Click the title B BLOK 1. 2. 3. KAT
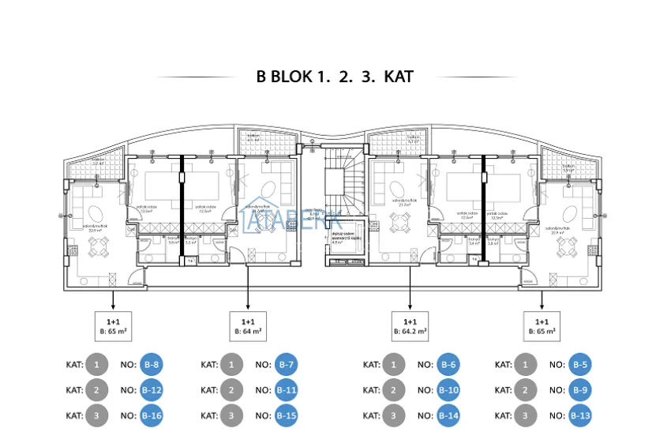[x=335, y=77]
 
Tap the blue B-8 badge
[x=152, y=365]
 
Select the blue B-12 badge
[x=152, y=390]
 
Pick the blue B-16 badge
[x=152, y=415]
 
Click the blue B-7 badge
[x=287, y=365]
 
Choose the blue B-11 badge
[x=287, y=390]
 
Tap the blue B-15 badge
[x=287, y=415]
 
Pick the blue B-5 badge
[x=580, y=365]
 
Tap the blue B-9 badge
[x=580, y=390]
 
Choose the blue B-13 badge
[x=580, y=415]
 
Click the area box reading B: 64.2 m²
[x=410, y=327]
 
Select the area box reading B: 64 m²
[x=248, y=327]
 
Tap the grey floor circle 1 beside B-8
[x=96, y=365]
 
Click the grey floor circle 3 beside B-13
[x=524, y=415]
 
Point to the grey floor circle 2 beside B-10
[x=393, y=390]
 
